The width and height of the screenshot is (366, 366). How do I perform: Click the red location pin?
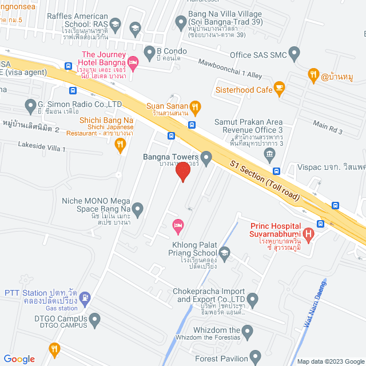(182, 171)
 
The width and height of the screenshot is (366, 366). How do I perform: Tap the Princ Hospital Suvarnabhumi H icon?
(309, 233)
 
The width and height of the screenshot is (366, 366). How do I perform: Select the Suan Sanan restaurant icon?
(195, 106)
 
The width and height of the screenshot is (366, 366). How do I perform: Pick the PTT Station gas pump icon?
(85, 297)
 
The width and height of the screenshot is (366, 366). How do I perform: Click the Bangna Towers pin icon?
(206, 156)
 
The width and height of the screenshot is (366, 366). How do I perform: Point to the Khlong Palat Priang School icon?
(225, 252)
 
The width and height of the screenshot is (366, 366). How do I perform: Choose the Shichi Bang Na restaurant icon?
(120, 146)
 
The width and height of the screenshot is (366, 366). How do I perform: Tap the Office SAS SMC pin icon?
(295, 54)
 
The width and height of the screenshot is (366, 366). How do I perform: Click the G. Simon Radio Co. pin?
(31, 105)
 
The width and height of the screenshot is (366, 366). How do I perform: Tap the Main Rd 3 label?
(328, 128)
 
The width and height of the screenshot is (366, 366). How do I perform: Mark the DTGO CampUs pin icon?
(94, 318)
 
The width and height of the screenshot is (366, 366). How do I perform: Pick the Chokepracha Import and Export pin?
(253, 299)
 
